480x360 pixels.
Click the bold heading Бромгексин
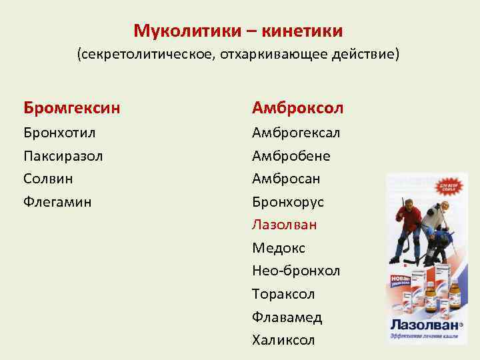[x=72, y=107]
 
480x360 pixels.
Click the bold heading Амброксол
[x=297, y=107]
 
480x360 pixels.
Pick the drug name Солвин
[x=48, y=179]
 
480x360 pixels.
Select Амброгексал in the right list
[x=296, y=133]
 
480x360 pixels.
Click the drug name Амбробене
[x=291, y=156]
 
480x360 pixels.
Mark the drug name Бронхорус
[x=287, y=202]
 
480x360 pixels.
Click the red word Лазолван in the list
[x=285, y=225]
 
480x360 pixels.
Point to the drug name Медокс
[x=279, y=248]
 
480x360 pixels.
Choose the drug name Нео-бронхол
[x=296, y=271]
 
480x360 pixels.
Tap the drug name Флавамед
[x=287, y=317]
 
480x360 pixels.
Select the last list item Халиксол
[x=283, y=341]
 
